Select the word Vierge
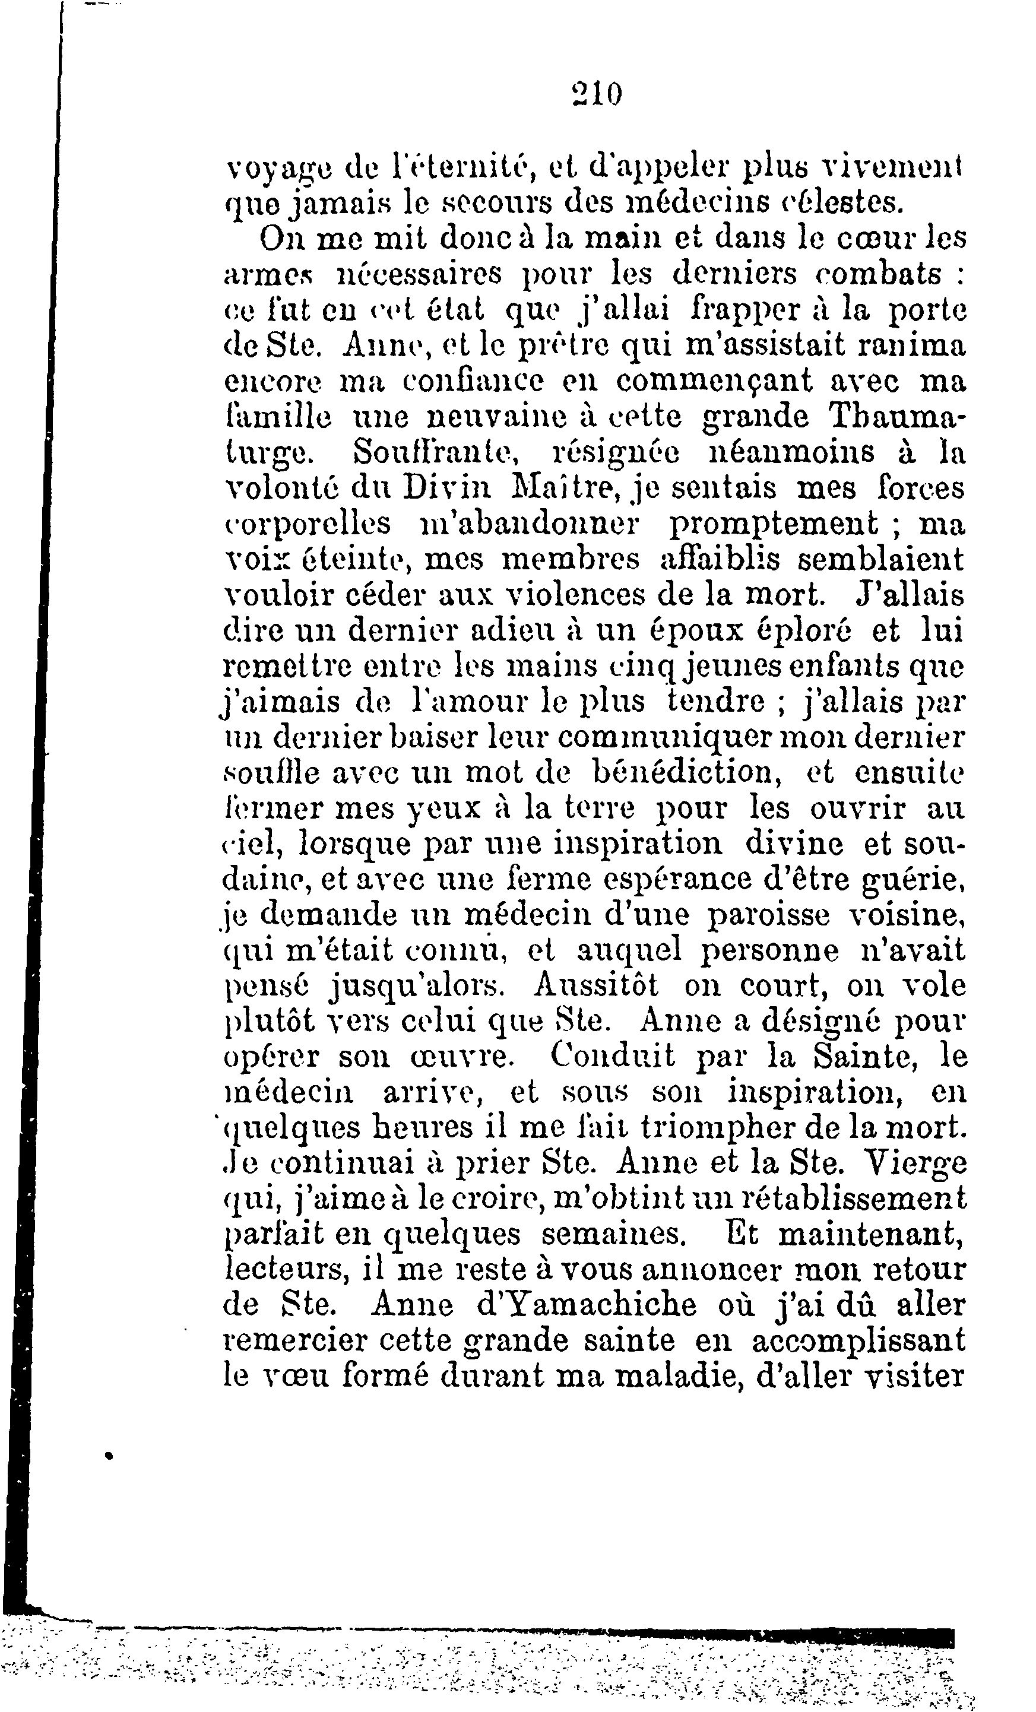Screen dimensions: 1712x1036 pos(913,1164)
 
